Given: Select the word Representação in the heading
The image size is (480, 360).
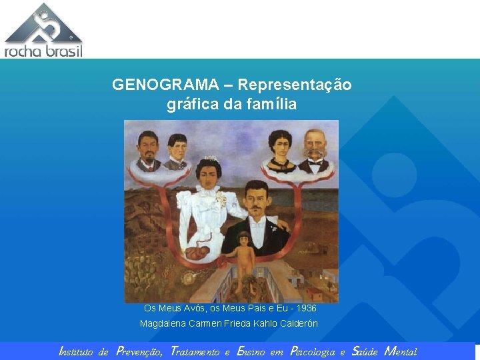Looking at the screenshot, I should (x=295, y=85).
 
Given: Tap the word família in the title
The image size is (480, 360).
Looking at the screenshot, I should (x=269, y=105).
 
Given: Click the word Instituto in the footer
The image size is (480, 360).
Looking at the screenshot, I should (x=75, y=351).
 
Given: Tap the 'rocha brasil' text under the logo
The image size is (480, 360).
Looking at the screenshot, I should (x=43, y=51).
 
